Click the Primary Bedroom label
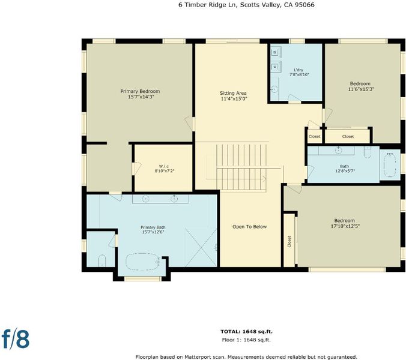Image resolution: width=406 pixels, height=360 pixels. (x=140, y=91)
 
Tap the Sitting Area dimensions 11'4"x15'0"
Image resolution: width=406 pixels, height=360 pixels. (x=233, y=98)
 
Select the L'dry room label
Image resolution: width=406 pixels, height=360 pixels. (x=298, y=70)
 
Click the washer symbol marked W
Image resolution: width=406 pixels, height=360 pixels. (x=275, y=53)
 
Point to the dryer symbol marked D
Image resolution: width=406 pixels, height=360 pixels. (x=275, y=67)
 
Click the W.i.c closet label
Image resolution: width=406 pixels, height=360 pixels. (x=163, y=166)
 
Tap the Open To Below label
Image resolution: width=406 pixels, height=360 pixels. (x=249, y=227)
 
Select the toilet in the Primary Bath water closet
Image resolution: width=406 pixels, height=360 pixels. (x=102, y=260)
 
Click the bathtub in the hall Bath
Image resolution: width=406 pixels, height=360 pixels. (x=389, y=165)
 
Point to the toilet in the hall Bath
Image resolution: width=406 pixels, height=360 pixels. (x=368, y=152)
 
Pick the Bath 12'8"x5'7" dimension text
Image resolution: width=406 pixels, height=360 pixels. (x=344, y=170)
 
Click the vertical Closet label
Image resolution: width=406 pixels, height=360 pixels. (x=289, y=241)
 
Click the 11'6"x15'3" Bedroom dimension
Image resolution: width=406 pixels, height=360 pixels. (x=361, y=89)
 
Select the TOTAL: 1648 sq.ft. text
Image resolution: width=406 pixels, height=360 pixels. (x=246, y=331)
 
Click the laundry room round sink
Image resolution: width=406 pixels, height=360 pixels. (x=274, y=89)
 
